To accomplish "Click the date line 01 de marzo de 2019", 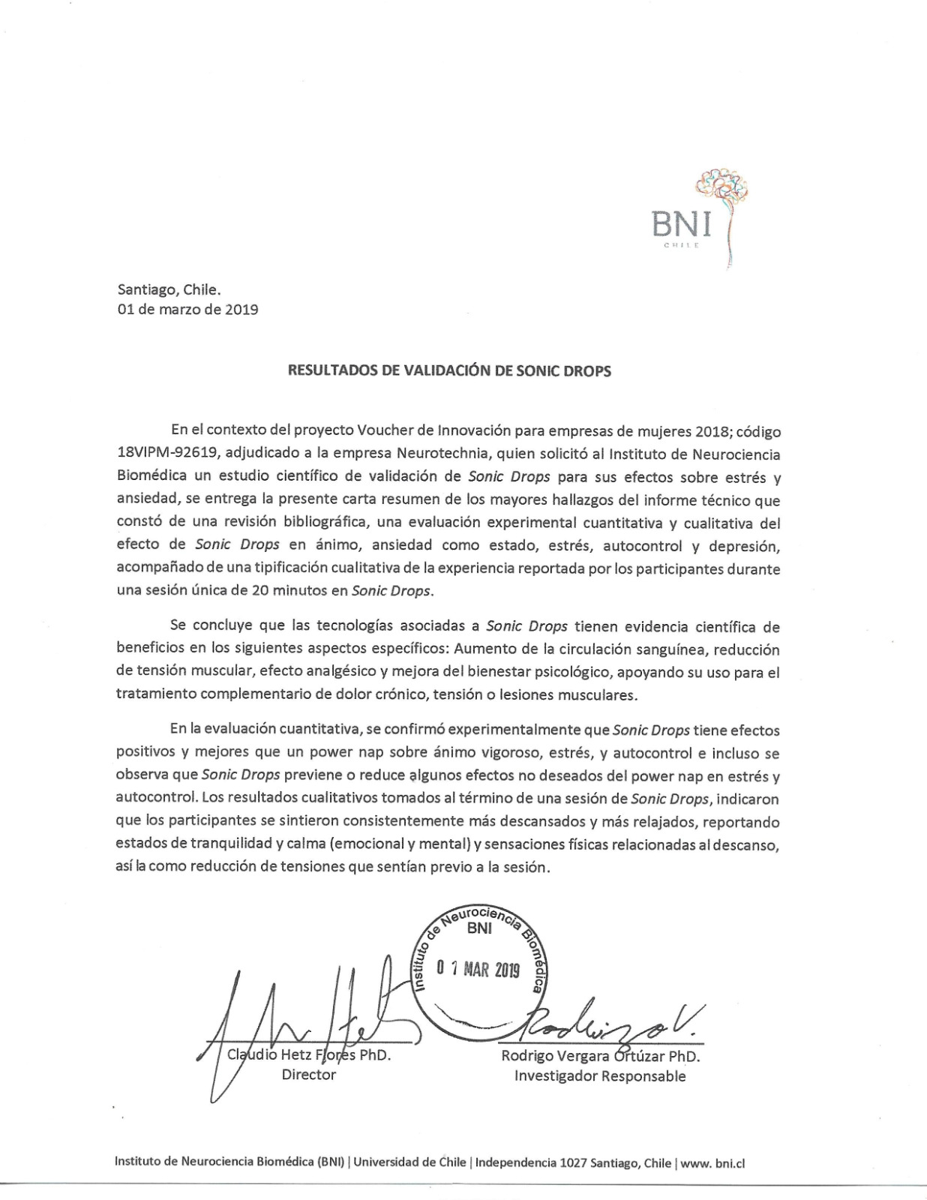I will [187, 309].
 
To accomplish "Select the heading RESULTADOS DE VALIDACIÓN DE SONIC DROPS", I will [450, 371].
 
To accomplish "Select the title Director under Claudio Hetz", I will [309, 1075].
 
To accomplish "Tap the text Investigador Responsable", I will [600, 1077].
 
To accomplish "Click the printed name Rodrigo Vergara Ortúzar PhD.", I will [600, 1057].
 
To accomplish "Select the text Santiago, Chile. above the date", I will [169, 289].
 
